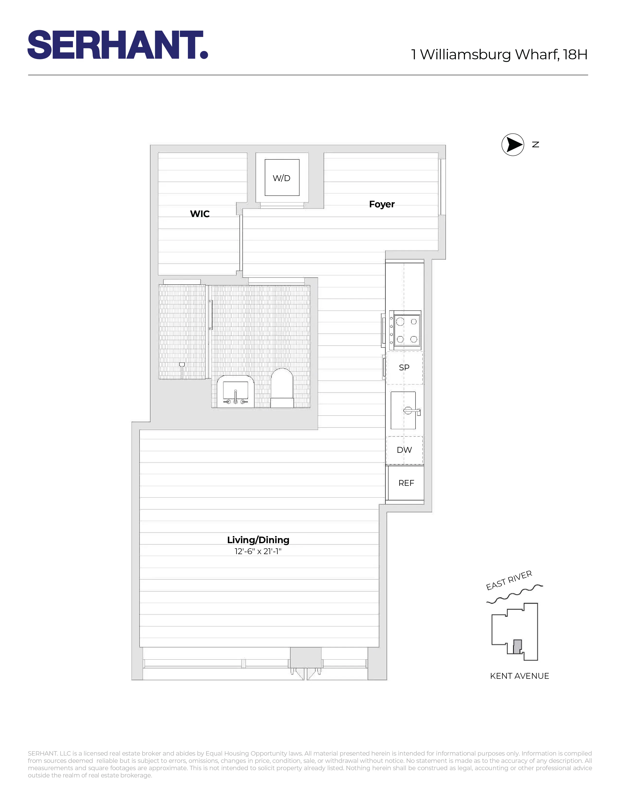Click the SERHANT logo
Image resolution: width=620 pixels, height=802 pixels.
pyautogui.click(x=117, y=45)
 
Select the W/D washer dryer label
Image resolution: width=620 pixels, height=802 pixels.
pyautogui.click(x=281, y=178)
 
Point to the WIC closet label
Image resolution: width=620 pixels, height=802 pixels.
pyautogui.click(x=200, y=214)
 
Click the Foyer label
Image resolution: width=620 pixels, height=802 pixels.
pyautogui.click(x=382, y=204)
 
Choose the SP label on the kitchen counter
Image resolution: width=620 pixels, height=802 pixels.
pyautogui.click(x=404, y=367)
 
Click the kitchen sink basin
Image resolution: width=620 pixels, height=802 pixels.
pyautogui.click(x=403, y=410)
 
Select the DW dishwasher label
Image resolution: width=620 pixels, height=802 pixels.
pyautogui.click(x=404, y=450)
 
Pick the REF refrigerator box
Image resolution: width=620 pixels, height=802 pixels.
pyautogui.click(x=406, y=483)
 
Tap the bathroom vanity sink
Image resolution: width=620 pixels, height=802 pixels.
pyautogui.click(x=235, y=392)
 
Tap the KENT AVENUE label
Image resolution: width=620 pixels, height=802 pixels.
pyautogui.click(x=519, y=676)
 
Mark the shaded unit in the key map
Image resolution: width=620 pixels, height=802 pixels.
pyautogui.click(x=517, y=646)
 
